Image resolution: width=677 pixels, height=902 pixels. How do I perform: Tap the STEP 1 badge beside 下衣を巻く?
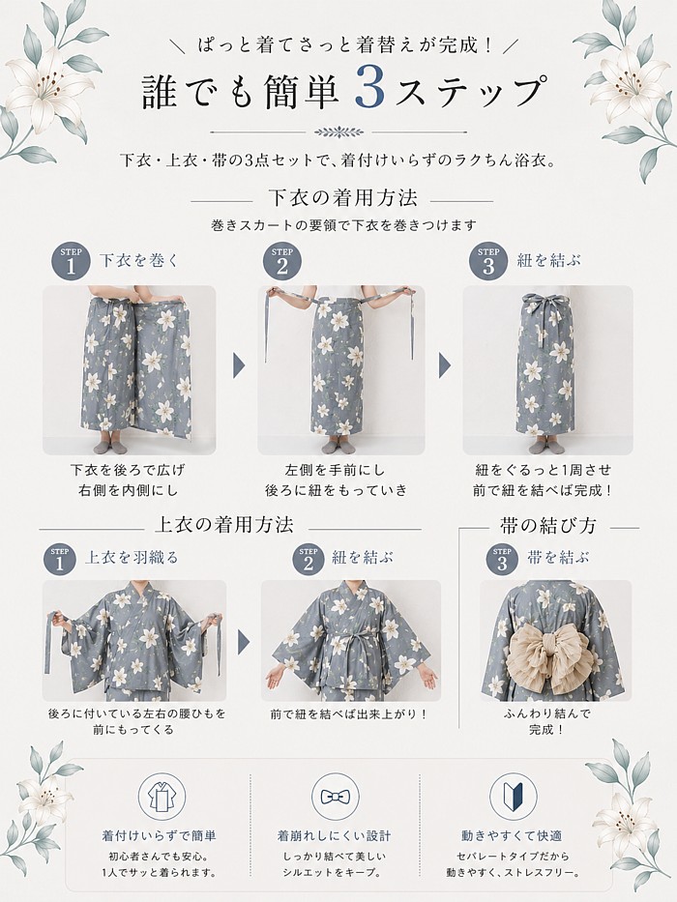click(71, 262)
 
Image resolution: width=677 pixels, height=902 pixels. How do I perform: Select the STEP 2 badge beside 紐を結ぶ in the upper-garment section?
click(309, 558)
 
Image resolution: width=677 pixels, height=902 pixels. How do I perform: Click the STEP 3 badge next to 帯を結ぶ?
click(503, 558)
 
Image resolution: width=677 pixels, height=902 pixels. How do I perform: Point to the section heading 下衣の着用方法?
click(342, 198)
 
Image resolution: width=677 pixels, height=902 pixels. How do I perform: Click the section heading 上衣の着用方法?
click(224, 525)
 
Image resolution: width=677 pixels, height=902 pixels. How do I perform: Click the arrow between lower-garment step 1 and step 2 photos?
click(239, 365)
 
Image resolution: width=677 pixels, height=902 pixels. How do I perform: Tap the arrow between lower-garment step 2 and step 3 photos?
click(445, 365)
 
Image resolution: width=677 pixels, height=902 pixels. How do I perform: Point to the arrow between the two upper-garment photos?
click(244, 641)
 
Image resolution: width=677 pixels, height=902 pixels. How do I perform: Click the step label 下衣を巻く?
click(139, 260)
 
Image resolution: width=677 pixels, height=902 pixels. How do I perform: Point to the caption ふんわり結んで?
click(547, 713)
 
